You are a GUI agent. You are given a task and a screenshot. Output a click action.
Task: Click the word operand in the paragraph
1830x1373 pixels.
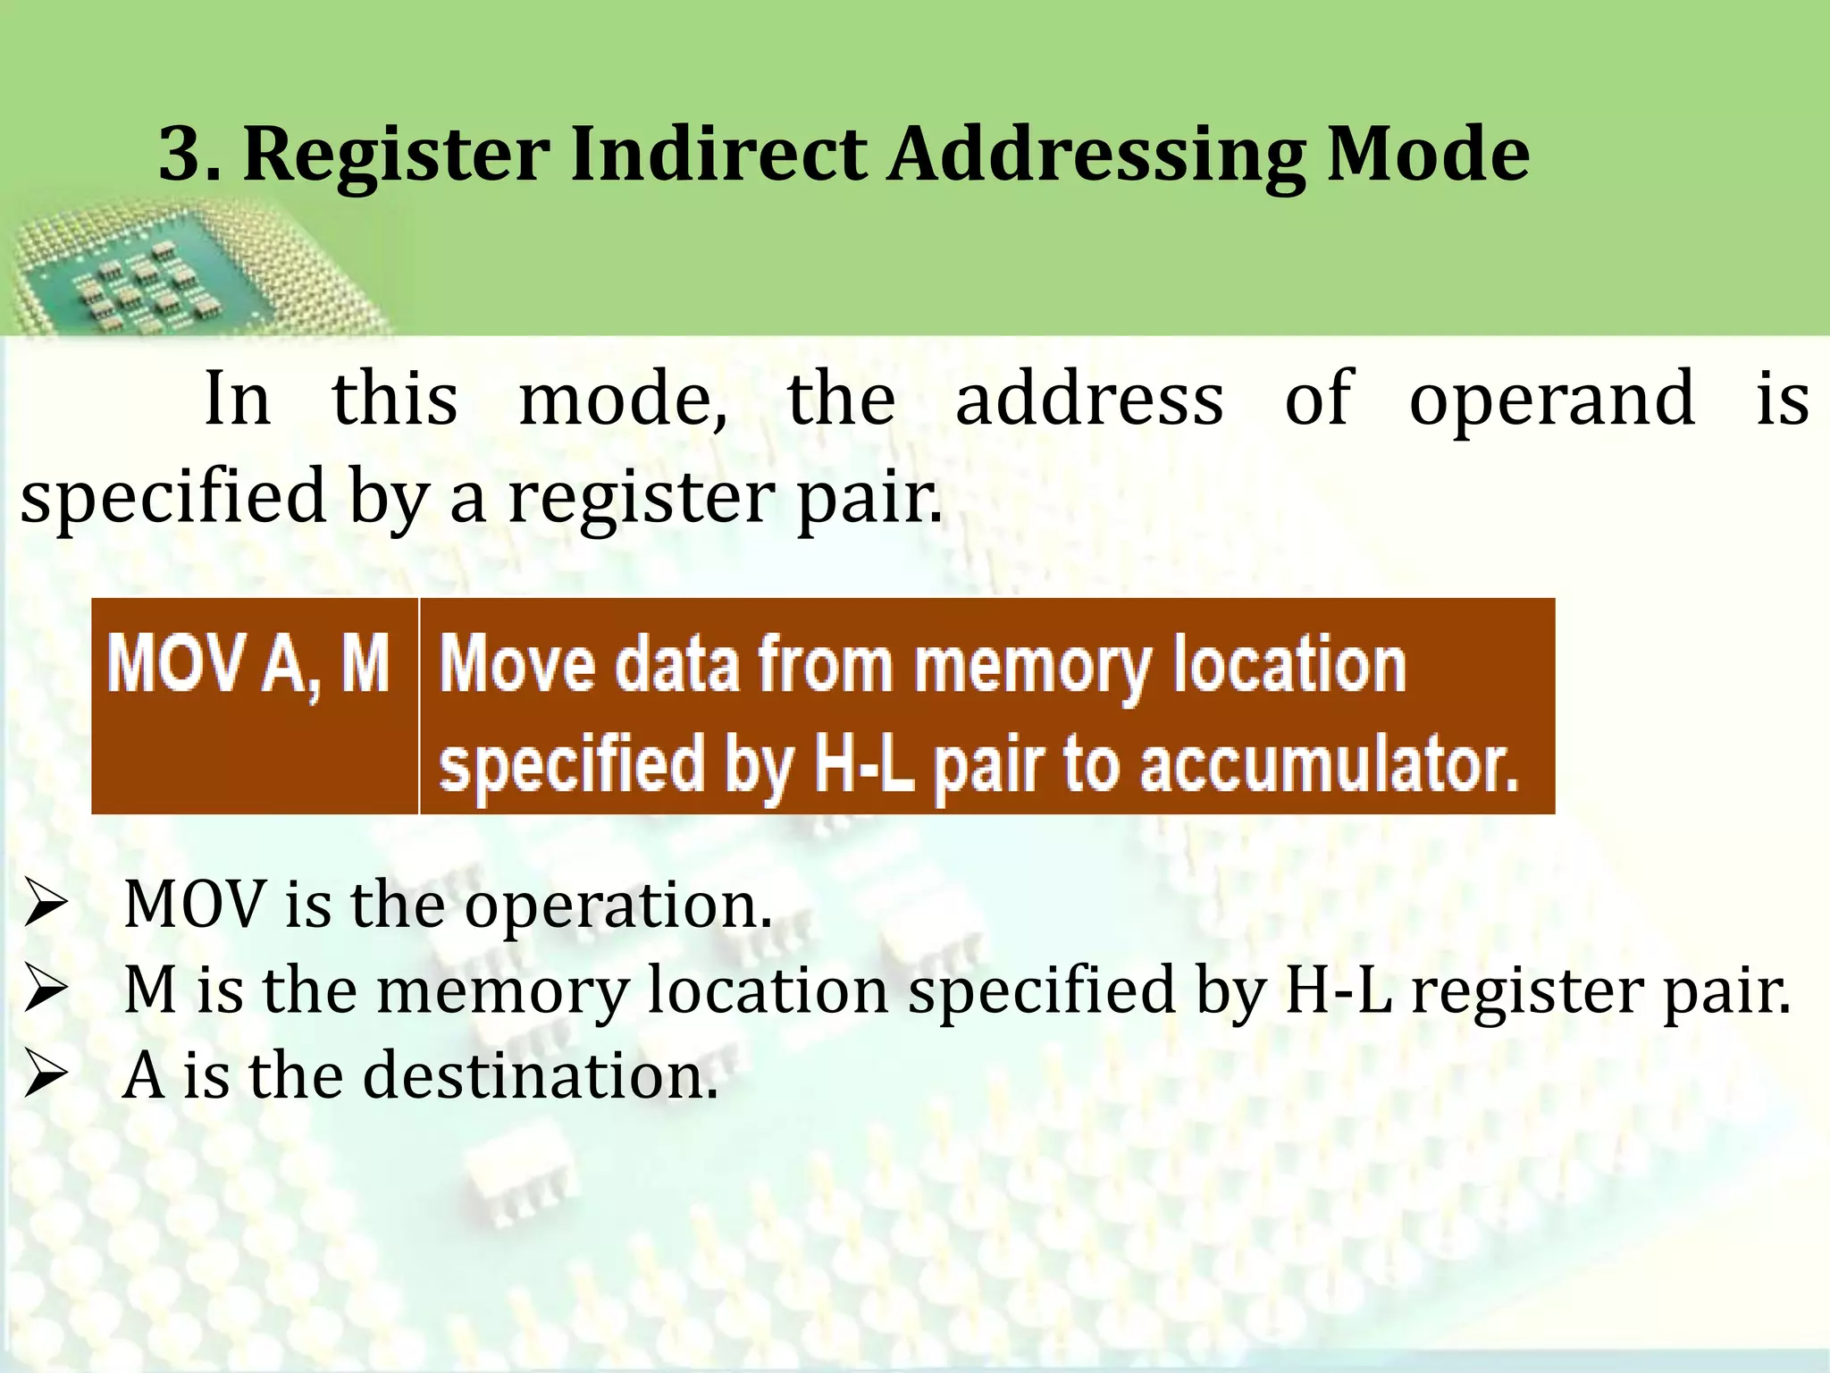(x=1551, y=399)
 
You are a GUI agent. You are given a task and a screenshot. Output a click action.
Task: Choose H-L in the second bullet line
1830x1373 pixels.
(x=1335, y=990)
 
